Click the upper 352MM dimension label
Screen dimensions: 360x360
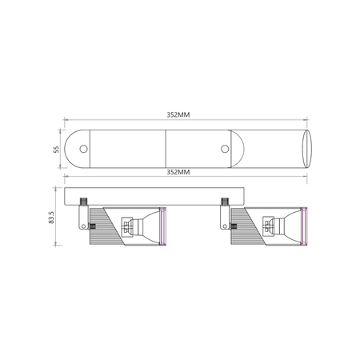[x=178, y=114]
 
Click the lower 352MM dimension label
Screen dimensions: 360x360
[x=178, y=172]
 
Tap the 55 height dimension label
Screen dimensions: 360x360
[x=56, y=149]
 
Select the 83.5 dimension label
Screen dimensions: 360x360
[x=51, y=218]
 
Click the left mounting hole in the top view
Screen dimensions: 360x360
[x=83, y=149]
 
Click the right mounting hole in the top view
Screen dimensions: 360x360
[x=225, y=149]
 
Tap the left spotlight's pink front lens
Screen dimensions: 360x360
[x=163, y=226]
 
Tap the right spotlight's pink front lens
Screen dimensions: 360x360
[x=305, y=226]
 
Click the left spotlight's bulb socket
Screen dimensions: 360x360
[x=127, y=226]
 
